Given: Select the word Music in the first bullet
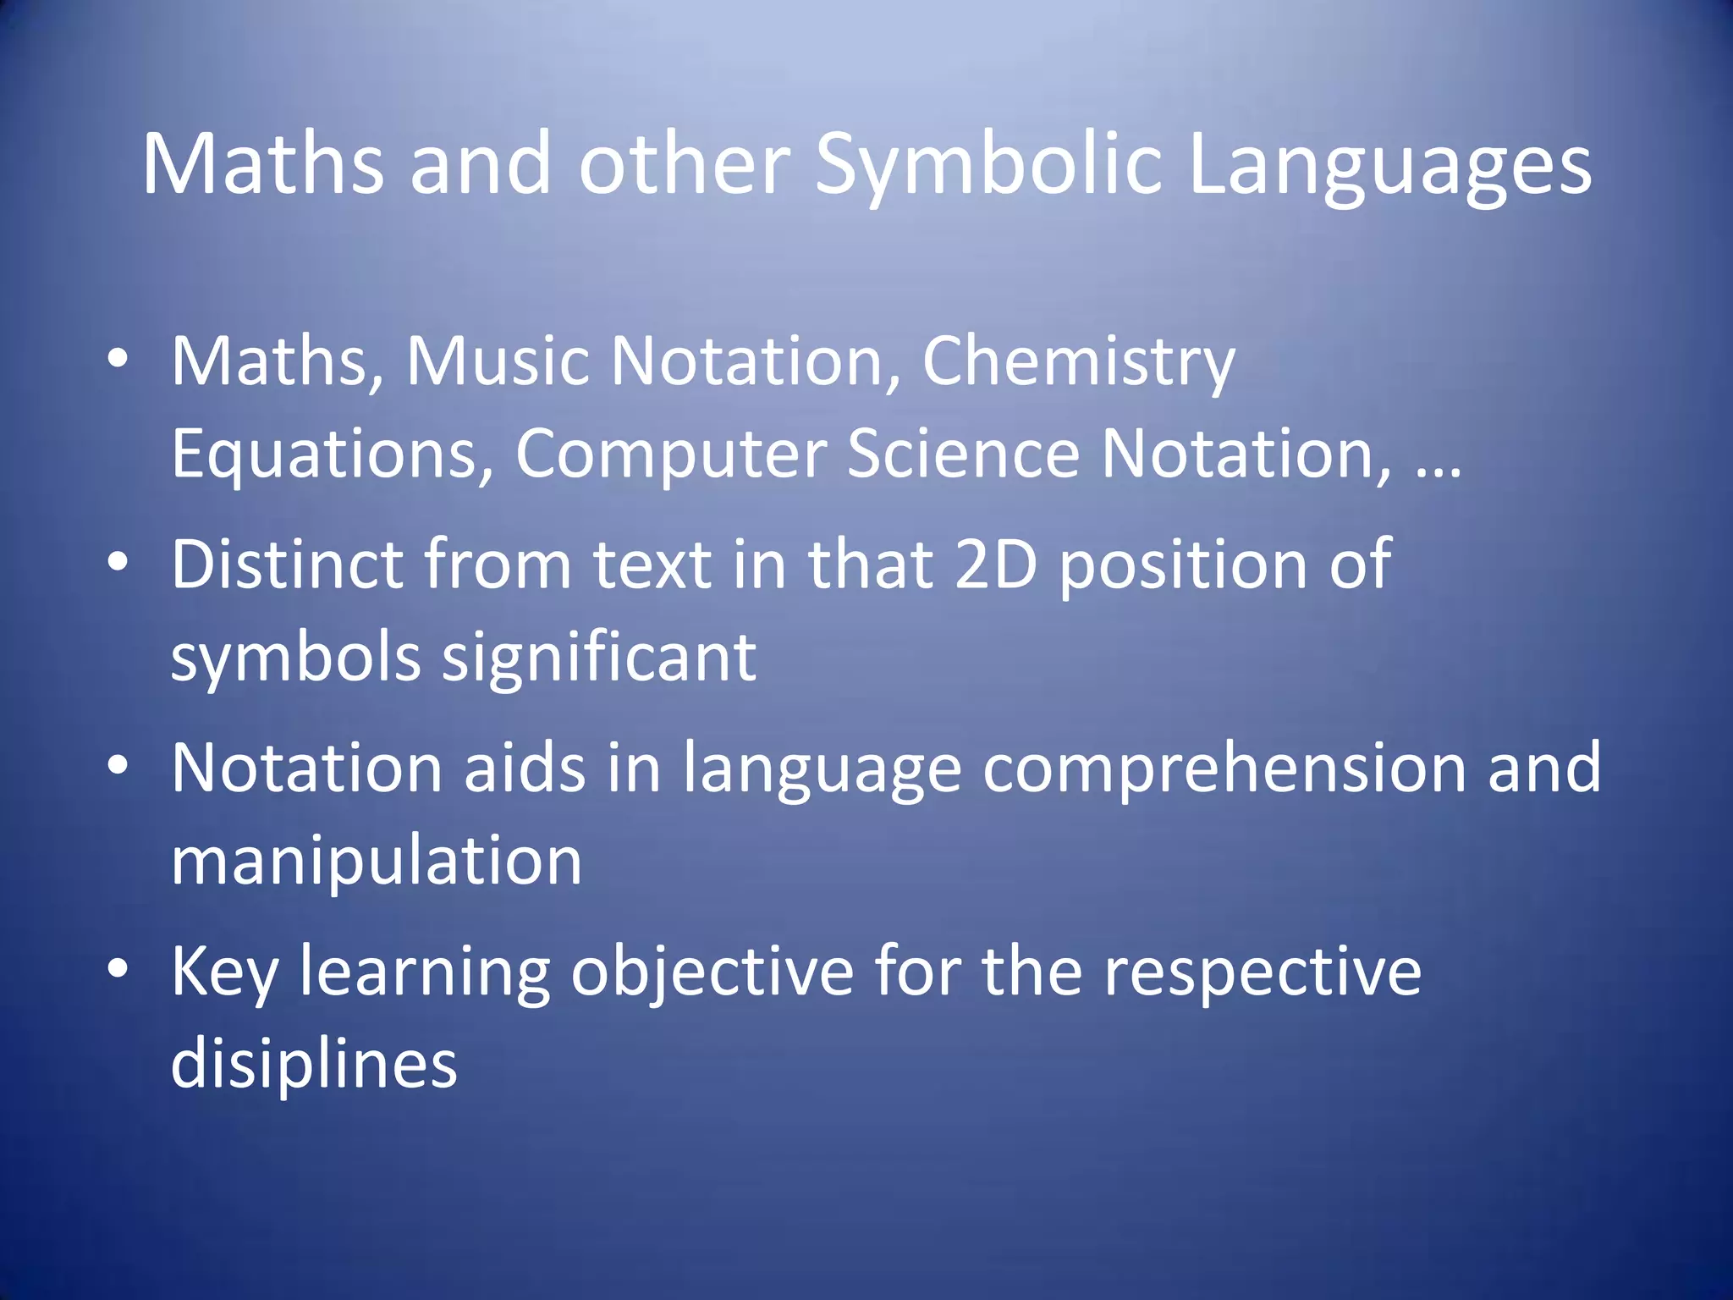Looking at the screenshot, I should click(x=498, y=362).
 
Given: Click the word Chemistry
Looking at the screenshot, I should click(x=1079, y=362).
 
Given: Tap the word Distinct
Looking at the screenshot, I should click(x=287, y=565).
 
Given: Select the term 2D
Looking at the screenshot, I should click(x=996, y=565).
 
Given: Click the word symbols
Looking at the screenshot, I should click(x=295, y=658).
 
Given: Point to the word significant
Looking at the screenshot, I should click(x=599, y=658).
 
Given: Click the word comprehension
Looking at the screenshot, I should click(x=1224, y=768).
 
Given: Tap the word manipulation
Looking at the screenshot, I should click(x=377, y=862).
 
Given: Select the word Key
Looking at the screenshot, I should click(x=224, y=972).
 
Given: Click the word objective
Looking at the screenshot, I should click(x=712, y=972).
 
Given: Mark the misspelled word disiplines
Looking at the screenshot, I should click(x=314, y=1065).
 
